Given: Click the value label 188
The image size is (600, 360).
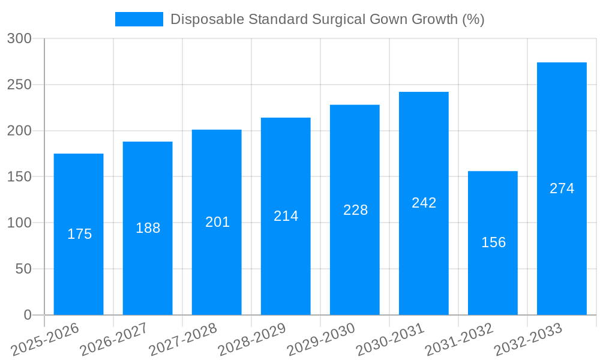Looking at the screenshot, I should [x=148, y=228].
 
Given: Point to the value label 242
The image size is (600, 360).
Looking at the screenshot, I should [x=424, y=203].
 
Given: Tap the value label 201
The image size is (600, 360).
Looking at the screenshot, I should [x=217, y=222].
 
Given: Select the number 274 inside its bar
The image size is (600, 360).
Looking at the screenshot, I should [x=562, y=188].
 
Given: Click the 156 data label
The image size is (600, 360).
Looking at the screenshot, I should [x=493, y=242].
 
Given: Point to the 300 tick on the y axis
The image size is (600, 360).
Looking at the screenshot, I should [x=19, y=38].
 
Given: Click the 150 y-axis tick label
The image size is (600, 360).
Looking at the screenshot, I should [x=19, y=177].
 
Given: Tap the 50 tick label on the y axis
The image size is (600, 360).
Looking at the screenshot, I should [x=23, y=269].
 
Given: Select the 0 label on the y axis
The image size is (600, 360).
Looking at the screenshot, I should [x=27, y=315].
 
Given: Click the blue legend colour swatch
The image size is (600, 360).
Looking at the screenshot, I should [x=139, y=19].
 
